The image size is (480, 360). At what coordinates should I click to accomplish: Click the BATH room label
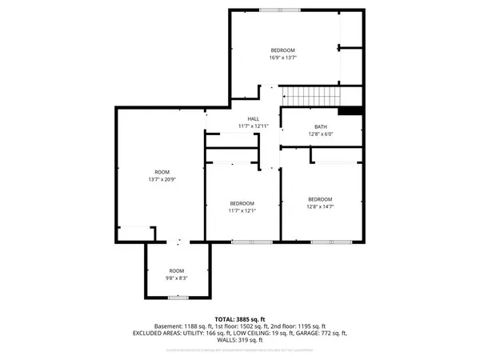point(321,126)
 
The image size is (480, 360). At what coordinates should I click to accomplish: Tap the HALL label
point(253,119)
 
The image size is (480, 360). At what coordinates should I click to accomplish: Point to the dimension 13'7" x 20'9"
point(162,180)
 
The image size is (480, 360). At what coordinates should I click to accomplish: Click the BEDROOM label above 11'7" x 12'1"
point(242,203)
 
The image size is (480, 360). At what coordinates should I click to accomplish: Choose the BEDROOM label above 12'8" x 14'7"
point(320,199)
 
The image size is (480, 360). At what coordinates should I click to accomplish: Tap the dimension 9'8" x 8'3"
point(176,278)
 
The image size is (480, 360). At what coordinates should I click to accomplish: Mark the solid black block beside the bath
point(350,111)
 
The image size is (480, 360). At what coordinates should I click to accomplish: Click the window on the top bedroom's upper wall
point(281,10)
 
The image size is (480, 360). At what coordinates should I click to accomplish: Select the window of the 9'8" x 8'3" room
point(177,298)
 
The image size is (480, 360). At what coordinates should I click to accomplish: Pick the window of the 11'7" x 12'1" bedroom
point(242,241)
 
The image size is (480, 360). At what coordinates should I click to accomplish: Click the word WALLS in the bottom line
point(221,341)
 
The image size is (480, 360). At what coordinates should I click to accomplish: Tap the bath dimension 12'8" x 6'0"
point(321,134)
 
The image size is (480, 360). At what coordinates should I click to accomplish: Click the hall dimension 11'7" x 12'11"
point(253,126)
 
